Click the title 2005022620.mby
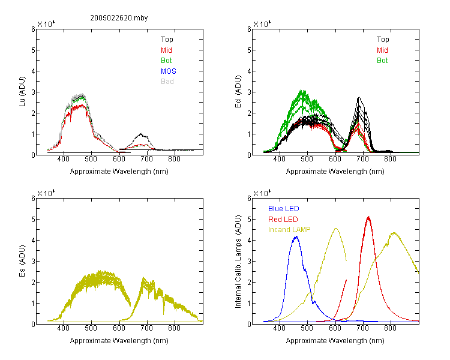coord(119,18)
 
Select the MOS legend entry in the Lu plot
coord(169,71)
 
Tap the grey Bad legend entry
coord(167,82)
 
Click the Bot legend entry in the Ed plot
coord(382,61)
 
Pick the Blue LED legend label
coord(284,209)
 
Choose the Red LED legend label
coord(283,220)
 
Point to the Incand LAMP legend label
coord(289,230)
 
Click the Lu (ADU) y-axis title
coord(22,92)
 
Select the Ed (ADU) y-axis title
coord(238,92)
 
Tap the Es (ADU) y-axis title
coord(22,261)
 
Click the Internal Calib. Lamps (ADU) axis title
coord(238,262)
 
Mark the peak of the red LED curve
coord(368,217)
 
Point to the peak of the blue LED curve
coord(296,236)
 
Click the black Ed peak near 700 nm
coord(359,98)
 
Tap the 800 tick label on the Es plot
coord(174,328)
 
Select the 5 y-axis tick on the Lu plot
coord(33,50)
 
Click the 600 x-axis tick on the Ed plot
coord(335,159)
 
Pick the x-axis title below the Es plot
coord(119,341)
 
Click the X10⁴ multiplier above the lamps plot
coord(262,193)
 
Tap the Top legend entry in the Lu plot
coord(167,40)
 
